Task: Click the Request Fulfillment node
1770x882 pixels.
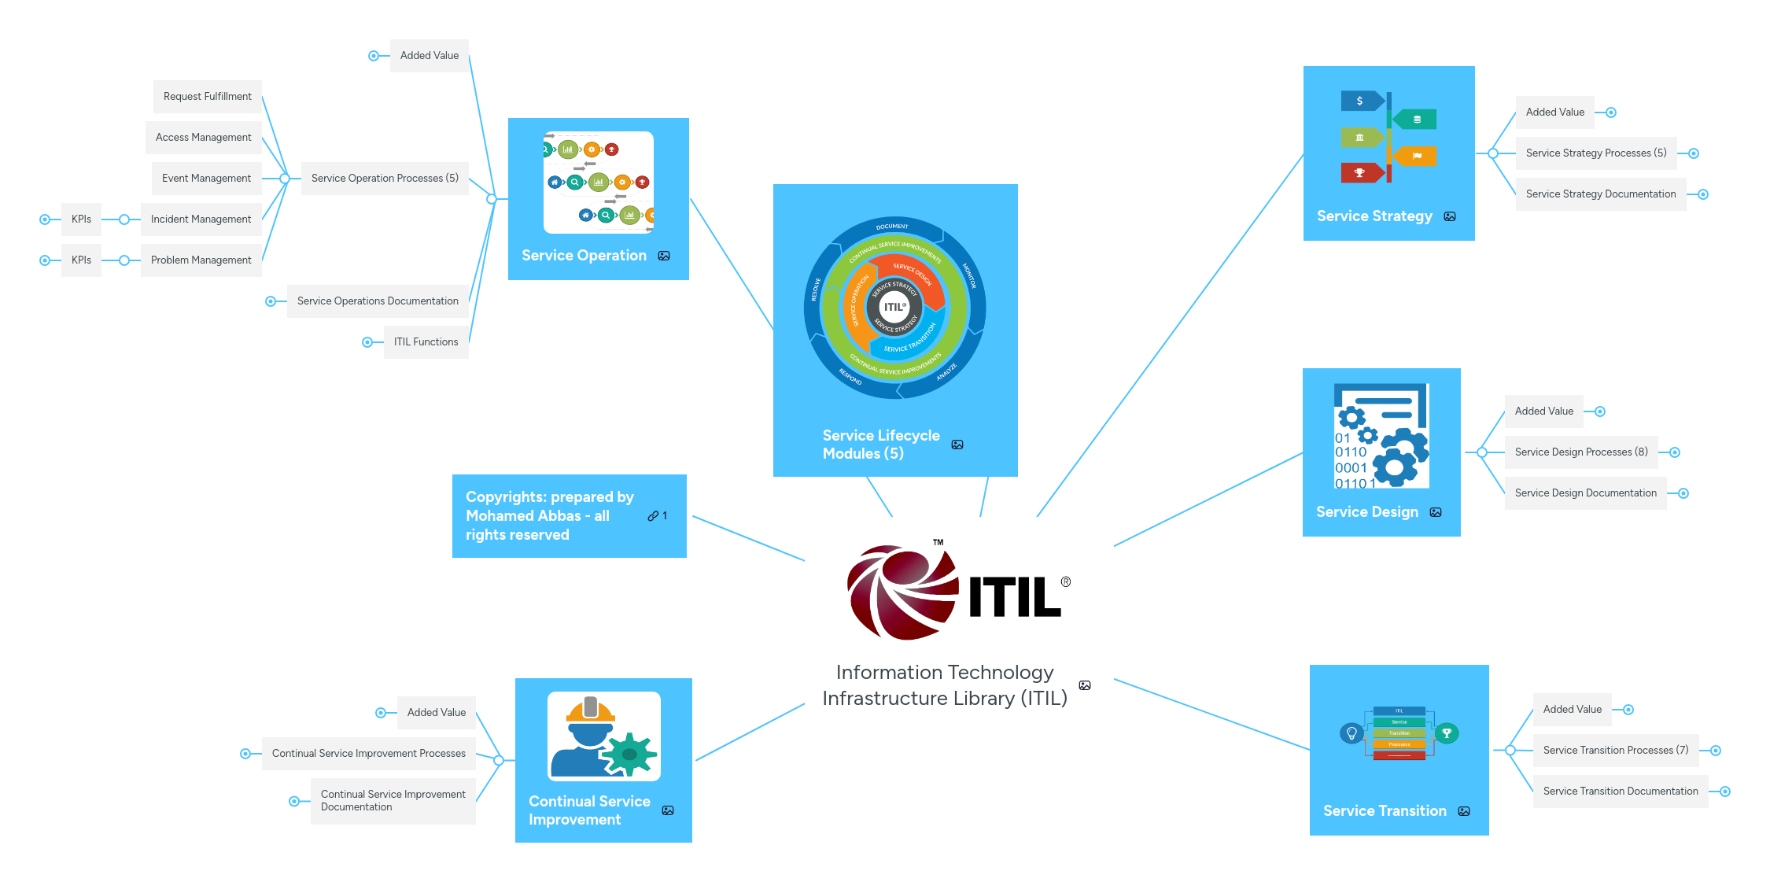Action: [207, 97]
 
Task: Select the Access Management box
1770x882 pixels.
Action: [203, 138]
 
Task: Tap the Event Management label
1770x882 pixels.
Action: [206, 179]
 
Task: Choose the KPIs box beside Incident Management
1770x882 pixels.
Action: [81, 220]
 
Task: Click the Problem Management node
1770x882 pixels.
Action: [201, 260]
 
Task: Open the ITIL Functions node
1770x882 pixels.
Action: [426, 342]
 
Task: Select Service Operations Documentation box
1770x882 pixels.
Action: [378, 301]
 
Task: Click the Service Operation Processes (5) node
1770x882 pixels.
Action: [385, 179]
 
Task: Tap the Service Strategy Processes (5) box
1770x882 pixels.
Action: [1595, 153]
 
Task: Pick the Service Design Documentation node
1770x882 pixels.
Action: [1585, 493]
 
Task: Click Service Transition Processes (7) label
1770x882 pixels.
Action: [1615, 751]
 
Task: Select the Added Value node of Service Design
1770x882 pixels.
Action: [1543, 411]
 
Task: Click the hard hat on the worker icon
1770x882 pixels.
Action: [591, 710]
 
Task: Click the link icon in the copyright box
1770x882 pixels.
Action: [653, 516]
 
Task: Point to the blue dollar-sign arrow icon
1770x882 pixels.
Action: [1360, 101]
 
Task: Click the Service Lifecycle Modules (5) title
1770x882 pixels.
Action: [880, 445]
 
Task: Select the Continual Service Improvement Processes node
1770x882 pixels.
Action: [368, 754]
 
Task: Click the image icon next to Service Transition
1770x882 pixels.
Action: [1464, 811]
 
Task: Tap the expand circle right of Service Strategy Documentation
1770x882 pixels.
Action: [1703, 194]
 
